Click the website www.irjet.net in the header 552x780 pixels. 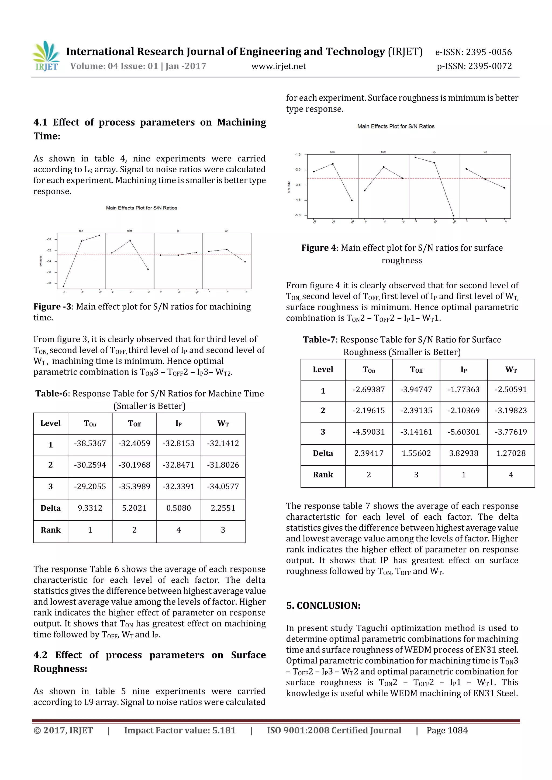(278, 66)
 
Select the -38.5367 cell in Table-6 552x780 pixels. (90, 443)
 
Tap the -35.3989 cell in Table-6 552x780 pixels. (134, 487)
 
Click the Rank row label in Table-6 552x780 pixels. (51, 530)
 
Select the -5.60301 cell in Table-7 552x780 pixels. (463, 432)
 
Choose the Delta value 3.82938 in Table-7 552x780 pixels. (463, 453)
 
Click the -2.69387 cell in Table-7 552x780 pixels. (369, 389)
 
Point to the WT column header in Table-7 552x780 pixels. (511, 370)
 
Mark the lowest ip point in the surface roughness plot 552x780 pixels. (453, 216)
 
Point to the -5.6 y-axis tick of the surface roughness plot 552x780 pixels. (298, 215)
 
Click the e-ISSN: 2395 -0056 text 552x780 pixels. (474, 52)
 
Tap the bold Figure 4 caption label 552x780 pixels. (319, 248)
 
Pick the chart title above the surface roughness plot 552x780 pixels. (396, 126)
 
